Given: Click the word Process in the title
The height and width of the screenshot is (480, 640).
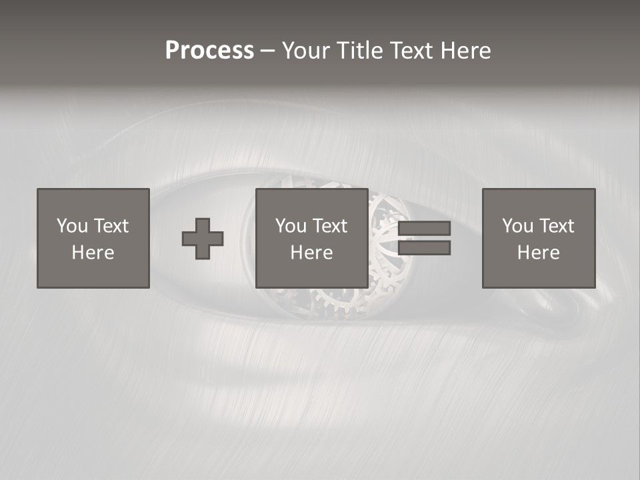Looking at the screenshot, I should point(209,50).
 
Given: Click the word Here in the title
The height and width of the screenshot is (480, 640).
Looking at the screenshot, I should point(467,50).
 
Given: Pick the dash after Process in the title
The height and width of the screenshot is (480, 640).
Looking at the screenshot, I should point(268,51).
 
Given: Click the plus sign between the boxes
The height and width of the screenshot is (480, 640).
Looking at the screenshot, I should point(203,239).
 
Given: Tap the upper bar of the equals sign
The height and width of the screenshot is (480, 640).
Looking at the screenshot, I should point(424,229).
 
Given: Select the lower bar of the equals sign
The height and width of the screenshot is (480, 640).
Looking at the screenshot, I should point(424,248).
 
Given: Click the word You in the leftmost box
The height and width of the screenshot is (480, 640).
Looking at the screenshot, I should point(72,226).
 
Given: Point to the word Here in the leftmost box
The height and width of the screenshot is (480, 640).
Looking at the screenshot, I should point(93,253).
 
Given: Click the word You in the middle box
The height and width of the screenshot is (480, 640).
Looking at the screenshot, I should point(291,226).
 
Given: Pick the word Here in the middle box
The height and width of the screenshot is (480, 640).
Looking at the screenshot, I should point(312,253).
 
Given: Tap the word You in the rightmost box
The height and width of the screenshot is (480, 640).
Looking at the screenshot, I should point(517,226).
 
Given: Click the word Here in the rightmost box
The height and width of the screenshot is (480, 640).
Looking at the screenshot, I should point(539,253).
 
